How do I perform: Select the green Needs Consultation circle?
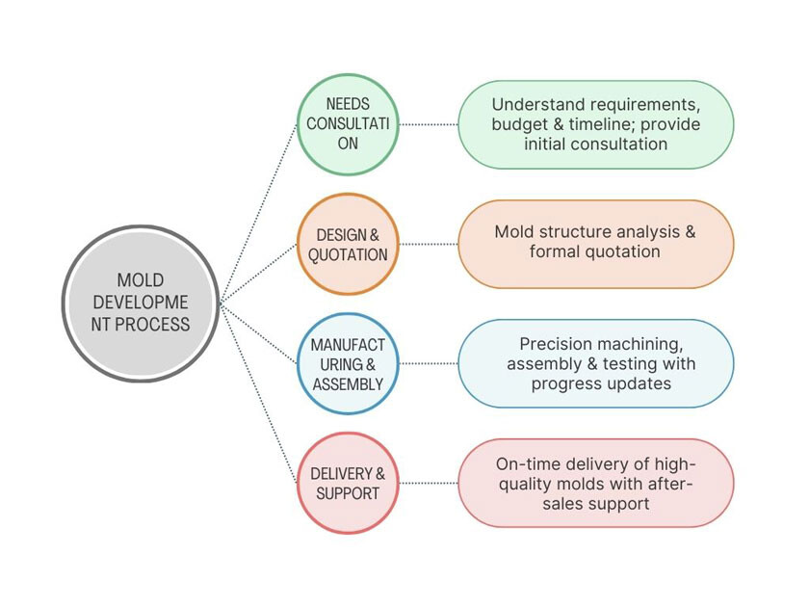coord(348,124)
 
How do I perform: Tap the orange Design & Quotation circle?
coord(348,245)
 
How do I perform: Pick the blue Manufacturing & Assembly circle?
coord(348,363)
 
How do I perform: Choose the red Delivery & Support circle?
coord(348,483)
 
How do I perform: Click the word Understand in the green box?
coord(535,104)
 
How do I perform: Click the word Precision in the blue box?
coord(557,344)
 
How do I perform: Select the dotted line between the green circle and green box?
coord(428,124)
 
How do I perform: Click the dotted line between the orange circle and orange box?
coord(428,245)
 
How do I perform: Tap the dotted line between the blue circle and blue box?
coord(428,363)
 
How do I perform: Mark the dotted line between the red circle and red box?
coord(428,483)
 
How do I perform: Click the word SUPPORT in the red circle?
coord(348,493)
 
